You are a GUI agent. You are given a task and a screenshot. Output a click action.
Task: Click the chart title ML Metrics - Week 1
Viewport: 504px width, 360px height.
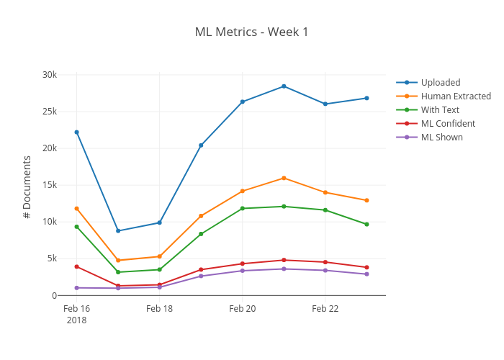[x=251, y=32]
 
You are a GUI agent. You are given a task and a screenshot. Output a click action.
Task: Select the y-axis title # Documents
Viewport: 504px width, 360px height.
[x=27, y=186]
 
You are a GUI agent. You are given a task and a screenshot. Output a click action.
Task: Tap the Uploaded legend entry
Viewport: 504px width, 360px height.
[x=440, y=83]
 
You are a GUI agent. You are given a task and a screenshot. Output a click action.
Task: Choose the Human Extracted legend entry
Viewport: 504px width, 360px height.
[x=455, y=96]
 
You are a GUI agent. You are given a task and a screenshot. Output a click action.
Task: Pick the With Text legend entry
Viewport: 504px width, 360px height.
[x=439, y=110]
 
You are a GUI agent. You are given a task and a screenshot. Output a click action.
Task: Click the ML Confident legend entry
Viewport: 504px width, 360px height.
[x=448, y=124]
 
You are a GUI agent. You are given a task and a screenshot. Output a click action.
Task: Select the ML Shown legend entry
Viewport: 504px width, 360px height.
[x=441, y=138]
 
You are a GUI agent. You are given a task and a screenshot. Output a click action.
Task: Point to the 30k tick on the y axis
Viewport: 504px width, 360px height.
[x=49, y=75]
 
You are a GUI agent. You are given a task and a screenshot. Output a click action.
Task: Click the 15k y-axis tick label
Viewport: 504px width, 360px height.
[x=49, y=185]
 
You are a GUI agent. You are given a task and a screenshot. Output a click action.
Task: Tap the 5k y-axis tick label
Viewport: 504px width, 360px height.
[x=51, y=258]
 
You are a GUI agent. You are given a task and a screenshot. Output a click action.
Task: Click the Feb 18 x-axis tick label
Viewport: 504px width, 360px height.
[x=159, y=309]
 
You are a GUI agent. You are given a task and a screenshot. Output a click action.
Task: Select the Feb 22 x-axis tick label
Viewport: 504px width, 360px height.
[x=325, y=309]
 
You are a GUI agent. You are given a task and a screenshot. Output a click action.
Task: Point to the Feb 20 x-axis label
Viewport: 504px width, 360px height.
[x=242, y=309]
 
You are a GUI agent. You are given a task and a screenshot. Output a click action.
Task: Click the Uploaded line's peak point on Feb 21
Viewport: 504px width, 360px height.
[x=284, y=86]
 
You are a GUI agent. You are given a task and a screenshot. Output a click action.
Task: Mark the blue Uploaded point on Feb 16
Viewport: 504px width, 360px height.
[x=76, y=132]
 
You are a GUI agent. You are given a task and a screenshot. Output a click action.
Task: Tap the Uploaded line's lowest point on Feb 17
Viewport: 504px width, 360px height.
[x=118, y=231]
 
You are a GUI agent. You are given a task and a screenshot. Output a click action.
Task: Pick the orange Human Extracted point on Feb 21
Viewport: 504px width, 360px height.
[x=284, y=178]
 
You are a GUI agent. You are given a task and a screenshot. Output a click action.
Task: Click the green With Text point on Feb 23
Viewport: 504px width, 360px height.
[x=366, y=224]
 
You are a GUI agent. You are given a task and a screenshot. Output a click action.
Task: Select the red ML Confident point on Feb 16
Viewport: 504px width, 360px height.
[x=76, y=266]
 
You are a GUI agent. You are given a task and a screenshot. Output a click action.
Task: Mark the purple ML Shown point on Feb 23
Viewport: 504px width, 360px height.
[x=366, y=274]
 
